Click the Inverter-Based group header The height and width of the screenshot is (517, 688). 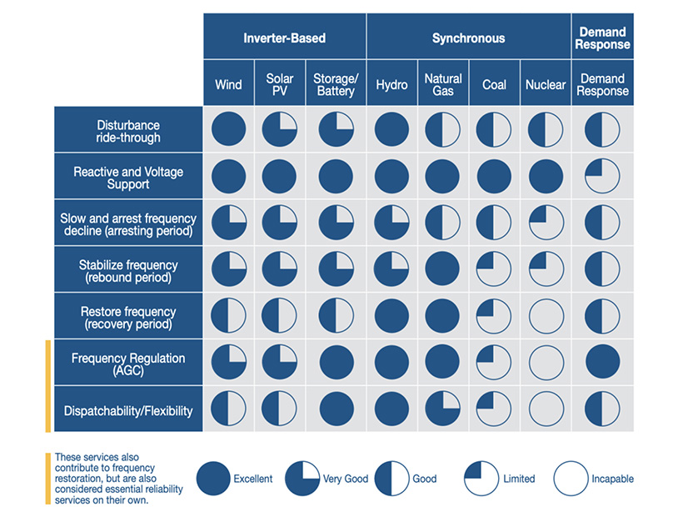[x=284, y=38]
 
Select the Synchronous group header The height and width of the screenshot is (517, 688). [x=468, y=38]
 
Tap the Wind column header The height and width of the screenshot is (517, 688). [x=228, y=84]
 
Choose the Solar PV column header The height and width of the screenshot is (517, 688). [x=280, y=84]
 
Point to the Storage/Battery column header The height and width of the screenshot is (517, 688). [x=335, y=84]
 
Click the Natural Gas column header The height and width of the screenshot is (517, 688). [x=443, y=84]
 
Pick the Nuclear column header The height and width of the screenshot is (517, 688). [x=546, y=84]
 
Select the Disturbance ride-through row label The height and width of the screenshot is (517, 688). [x=128, y=131]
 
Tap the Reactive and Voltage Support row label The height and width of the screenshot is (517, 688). [x=128, y=178]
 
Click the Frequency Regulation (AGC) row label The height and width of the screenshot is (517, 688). [x=128, y=364]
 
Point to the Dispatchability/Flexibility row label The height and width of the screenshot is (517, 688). [x=128, y=410]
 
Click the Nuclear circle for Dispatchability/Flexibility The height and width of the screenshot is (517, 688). [x=546, y=409]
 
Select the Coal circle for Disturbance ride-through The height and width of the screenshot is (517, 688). [x=494, y=130]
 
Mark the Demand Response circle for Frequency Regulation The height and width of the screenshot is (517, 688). [x=602, y=363]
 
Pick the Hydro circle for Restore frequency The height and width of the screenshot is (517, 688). [x=391, y=316]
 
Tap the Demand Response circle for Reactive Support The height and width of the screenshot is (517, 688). [x=602, y=177]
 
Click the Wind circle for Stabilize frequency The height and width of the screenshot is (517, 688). [x=228, y=269]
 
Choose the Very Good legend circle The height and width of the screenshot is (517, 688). [x=302, y=479]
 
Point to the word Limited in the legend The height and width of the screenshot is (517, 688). [x=519, y=479]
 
